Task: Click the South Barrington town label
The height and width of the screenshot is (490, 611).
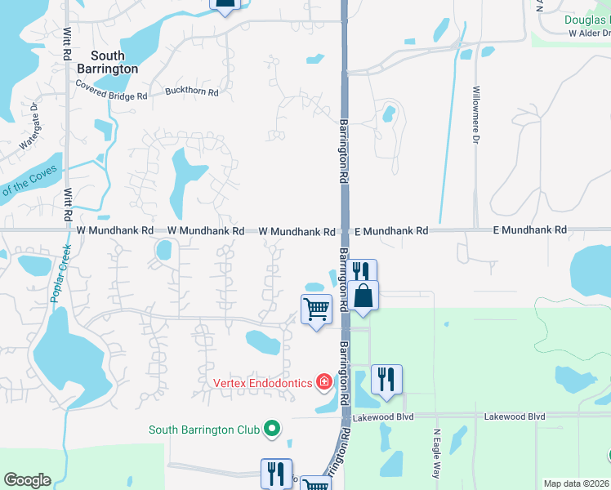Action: click(x=108, y=62)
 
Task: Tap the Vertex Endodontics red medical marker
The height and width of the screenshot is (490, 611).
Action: click(x=325, y=382)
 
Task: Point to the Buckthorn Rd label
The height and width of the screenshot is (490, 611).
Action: click(x=191, y=92)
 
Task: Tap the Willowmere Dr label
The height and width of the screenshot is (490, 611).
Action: click(x=475, y=115)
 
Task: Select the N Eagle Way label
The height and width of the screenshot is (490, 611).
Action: click(x=436, y=453)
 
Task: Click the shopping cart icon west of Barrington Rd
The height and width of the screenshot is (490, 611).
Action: click(x=316, y=309)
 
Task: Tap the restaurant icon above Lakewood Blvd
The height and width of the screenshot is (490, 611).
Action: click(x=386, y=378)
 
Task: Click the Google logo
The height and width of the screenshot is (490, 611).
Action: click(x=27, y=480)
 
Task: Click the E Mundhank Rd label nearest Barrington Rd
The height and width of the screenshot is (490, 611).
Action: click(x=390, y=231)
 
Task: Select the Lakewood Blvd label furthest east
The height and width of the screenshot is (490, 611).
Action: click(x=514, y=416)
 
